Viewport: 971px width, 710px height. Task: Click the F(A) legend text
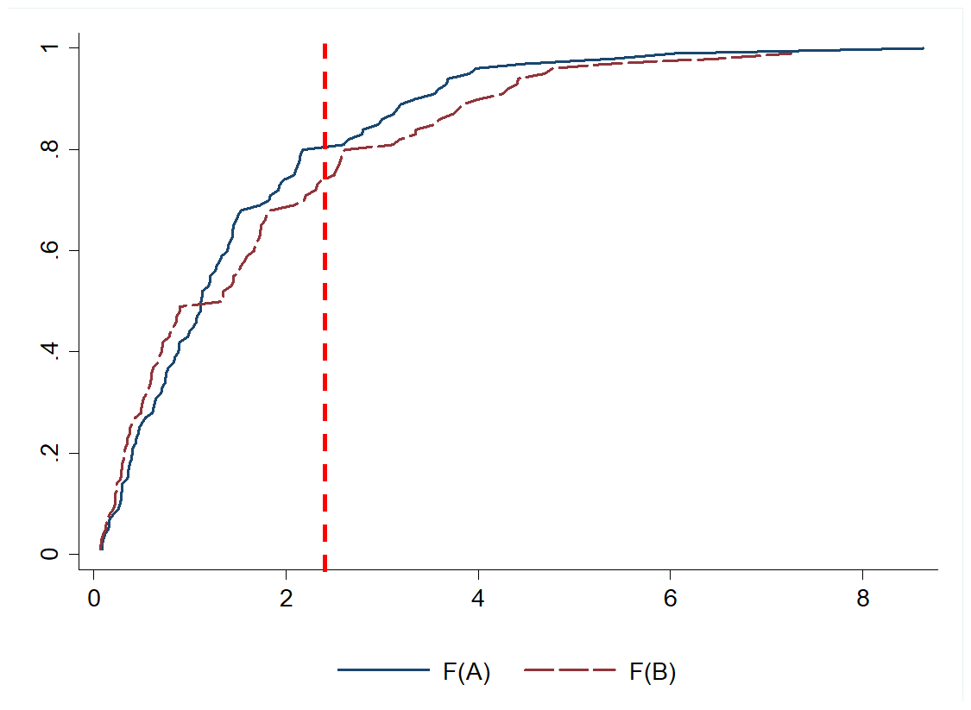[466, 672]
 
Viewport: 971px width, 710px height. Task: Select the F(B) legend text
[653, 672]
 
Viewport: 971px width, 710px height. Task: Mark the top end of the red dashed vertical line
[325, 43]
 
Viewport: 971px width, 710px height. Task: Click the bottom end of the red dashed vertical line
[325, 569]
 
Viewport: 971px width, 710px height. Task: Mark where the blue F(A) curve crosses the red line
[325, 148]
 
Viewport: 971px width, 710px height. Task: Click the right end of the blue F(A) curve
[923, 48]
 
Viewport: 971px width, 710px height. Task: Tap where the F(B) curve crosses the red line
[325, 179]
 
